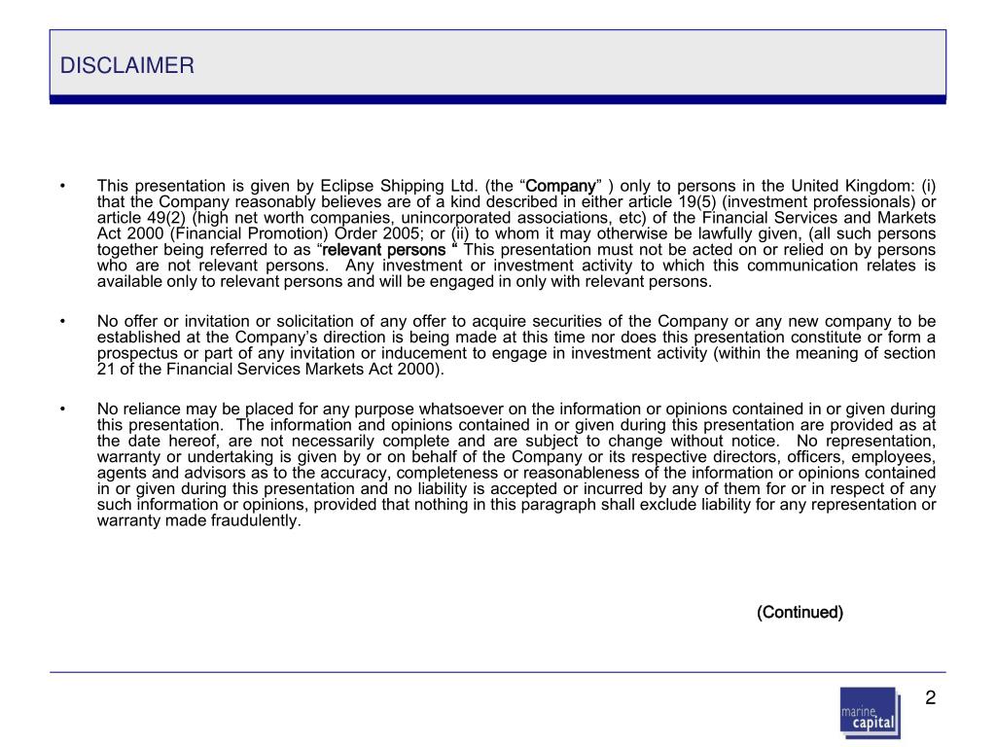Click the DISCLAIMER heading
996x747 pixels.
pos(127,66)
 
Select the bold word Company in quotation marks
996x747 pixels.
pos(561,186)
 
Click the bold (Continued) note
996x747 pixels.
pos(800,612)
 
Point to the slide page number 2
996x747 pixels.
pos(930,698)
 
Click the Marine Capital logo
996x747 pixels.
pos(870,713)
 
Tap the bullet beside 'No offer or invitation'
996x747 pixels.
pos(62,322)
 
